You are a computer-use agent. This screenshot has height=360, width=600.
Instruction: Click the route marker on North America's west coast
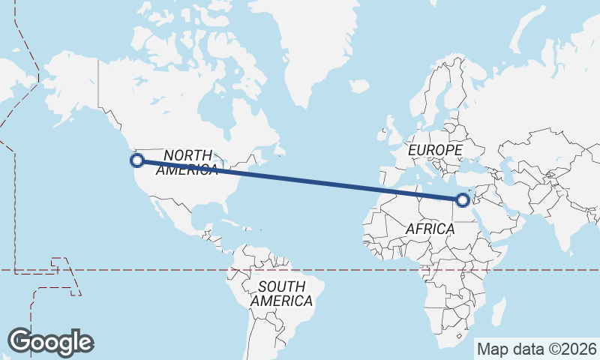coord(137,160)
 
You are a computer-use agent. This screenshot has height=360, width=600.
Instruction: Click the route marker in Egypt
coord(462,199)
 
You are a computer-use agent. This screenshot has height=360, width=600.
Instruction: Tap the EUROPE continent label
coord(435,151)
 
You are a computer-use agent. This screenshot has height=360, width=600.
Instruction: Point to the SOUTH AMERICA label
coord(281,293)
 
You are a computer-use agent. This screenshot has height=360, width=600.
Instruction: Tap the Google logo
coord(50,341)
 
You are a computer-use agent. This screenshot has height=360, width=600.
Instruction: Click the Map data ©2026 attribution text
coord(536,349)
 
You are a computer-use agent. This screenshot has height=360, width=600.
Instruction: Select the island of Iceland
coord(359,87)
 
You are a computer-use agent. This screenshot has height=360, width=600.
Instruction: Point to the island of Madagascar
coord(496,310)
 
